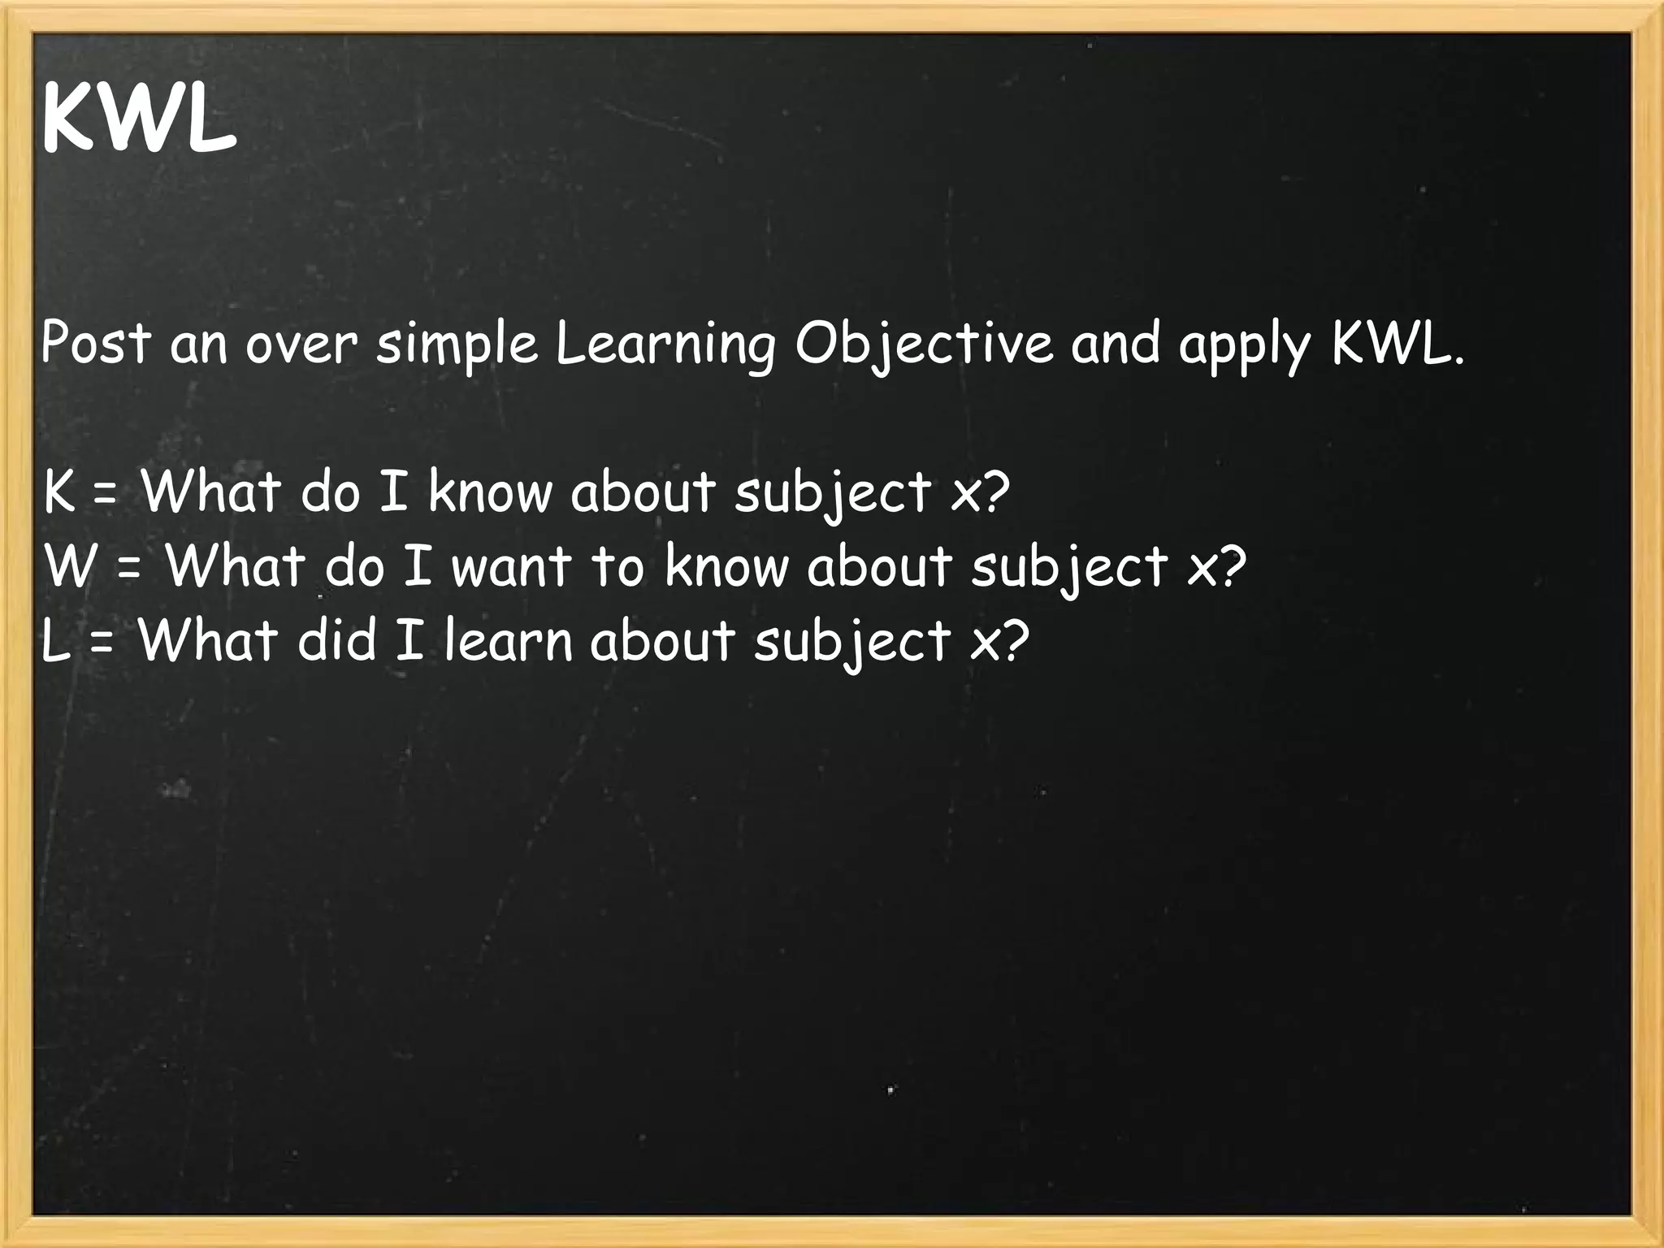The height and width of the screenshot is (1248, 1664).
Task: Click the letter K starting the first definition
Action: coord(58,492)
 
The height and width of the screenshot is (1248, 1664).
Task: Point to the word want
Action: coord(511,566)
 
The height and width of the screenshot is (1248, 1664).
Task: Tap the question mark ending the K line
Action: coord(994,491)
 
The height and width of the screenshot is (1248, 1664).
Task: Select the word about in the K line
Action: coord(643,492)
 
